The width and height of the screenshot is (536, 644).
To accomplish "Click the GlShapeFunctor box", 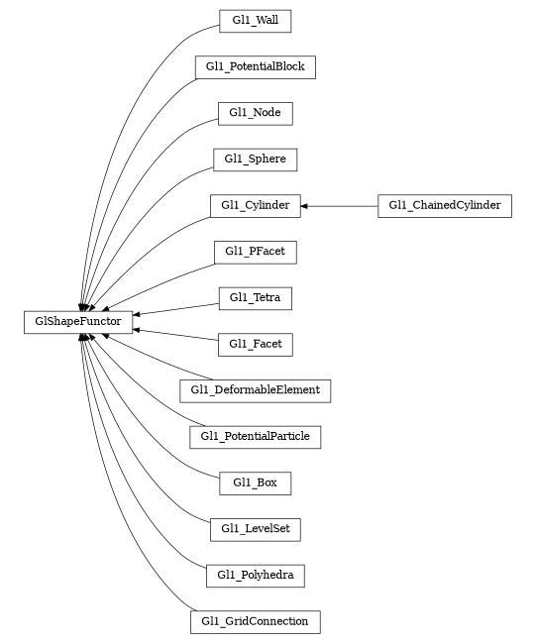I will click(x=78, y=321).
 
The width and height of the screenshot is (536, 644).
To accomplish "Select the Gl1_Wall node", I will click(x=255, y=21).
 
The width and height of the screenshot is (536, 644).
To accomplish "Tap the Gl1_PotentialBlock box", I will click(x=255, y=67).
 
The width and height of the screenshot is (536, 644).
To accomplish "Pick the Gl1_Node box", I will click(x=255, y=113).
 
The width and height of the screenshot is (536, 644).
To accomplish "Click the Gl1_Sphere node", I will click(x=255, y=159).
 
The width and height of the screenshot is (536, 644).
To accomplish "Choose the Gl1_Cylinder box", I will click(x=255, y=205).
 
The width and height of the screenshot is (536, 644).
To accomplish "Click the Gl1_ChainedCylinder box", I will click(x=444, y=205).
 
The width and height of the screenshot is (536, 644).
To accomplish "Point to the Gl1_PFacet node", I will click(x=255, y=252).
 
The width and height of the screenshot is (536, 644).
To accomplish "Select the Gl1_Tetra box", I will click(x=255, y=297).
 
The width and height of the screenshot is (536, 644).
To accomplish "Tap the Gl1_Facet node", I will click(x=255, y=344).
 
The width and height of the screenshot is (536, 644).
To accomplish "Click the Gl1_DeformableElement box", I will click(x=255, y=389).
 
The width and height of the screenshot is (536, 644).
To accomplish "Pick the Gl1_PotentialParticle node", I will click(x=255, y=436).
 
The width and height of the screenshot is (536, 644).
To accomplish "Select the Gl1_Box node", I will click(x=255, y=483).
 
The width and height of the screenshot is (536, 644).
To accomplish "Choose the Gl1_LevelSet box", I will click(x=255, y=528).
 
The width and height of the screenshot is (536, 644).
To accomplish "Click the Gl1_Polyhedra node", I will click(x=255, y=575).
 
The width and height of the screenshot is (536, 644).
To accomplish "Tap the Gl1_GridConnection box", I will click(x=255, y=621).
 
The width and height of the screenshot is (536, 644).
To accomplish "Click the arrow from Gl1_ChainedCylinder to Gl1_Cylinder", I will click(x=342, y=205).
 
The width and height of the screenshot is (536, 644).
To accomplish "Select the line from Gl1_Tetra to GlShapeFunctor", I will click(x=178, y=307).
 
